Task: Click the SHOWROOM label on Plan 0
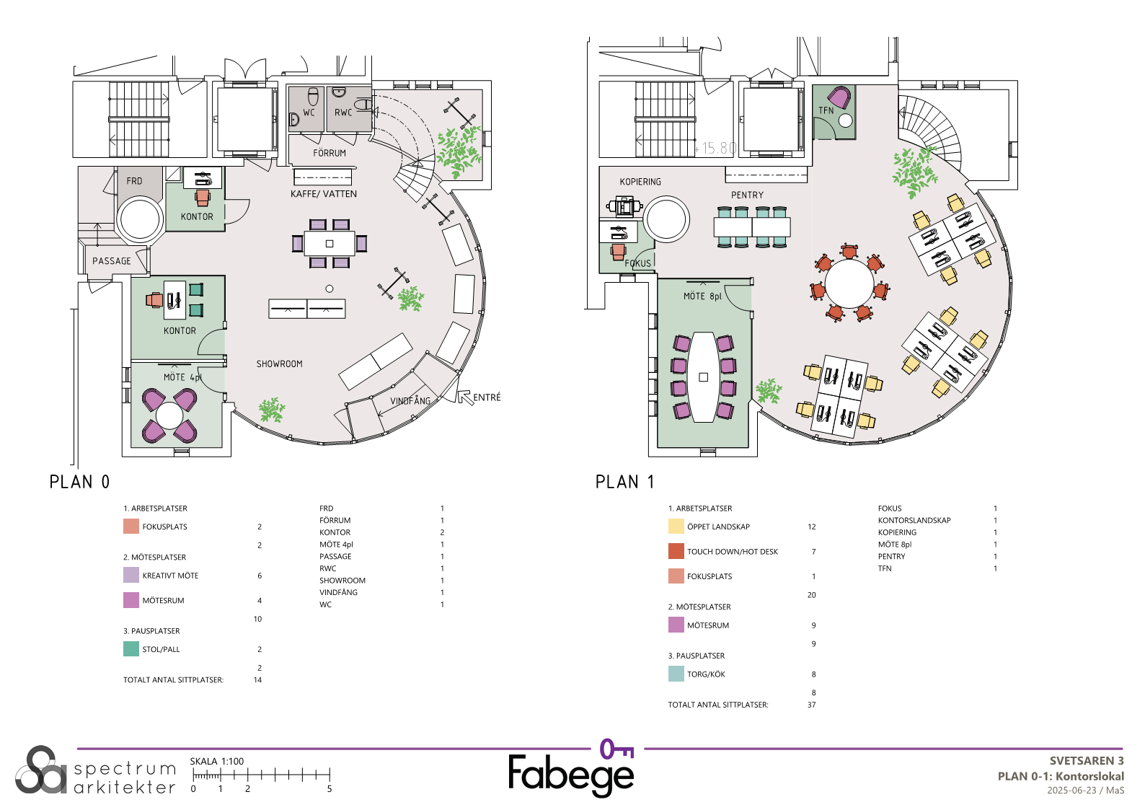[x=279, y=364]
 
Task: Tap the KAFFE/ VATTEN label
[x=324, y=194]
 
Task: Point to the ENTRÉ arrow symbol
[x=464, y=397]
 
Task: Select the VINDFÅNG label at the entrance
[x=410, y=400]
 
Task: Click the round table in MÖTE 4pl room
[x=169, y=415]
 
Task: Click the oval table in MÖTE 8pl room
[x=703, y=377]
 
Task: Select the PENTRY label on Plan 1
[x=747, y=195]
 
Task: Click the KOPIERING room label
[x=640, y=182]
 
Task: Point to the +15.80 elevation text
[x=715, y=149]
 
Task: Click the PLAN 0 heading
[x=79, y=482]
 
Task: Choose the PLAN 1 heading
[x=624, y=482]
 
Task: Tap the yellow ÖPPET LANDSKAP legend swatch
[x=676, y=527]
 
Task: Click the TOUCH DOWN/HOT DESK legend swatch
[x=676, y=551]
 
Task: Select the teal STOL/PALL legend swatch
[x=131, y=649]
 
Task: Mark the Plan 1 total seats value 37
[x=812, y=705]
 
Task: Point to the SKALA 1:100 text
[x=217, y=762]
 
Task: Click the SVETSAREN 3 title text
[x=1087, y=760]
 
